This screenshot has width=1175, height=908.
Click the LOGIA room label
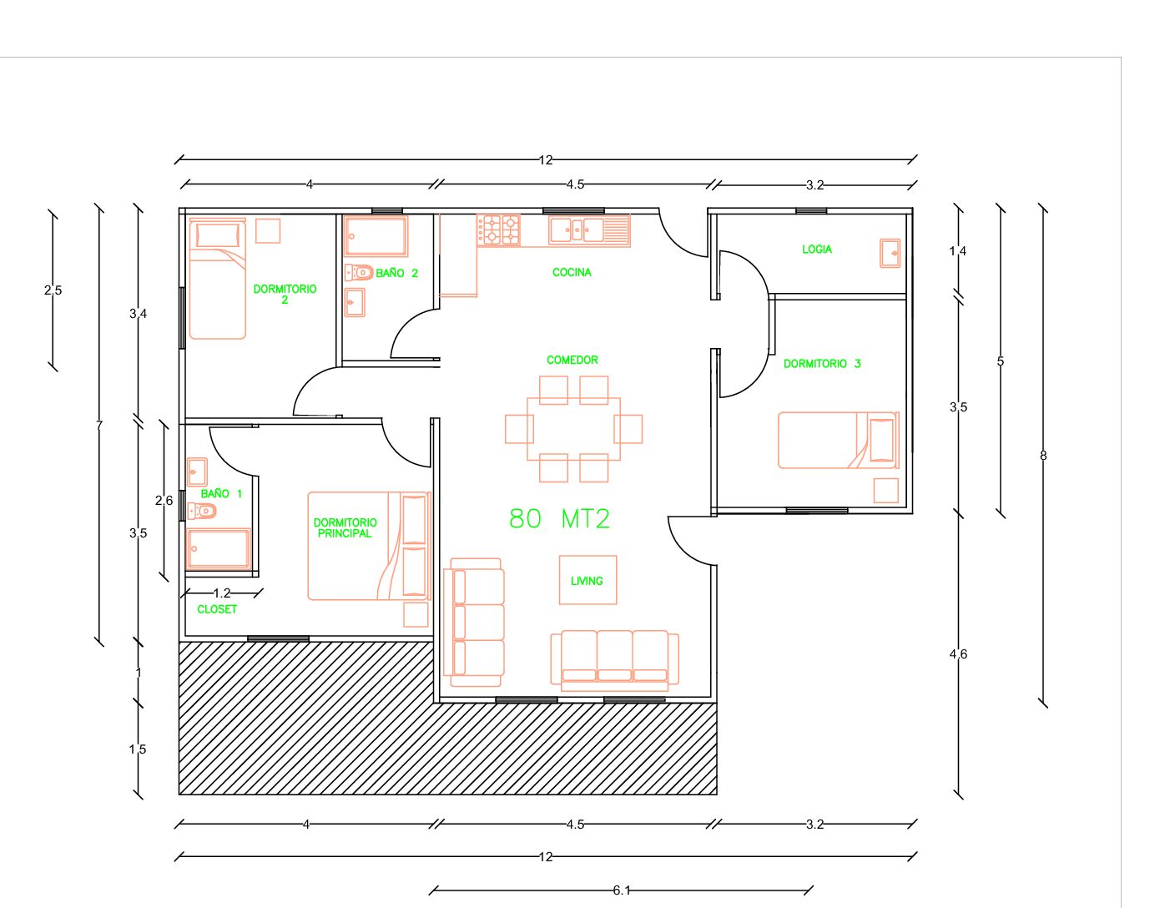pos(816,250)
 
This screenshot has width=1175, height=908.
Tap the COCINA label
pos(572,273)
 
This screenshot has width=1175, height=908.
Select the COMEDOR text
pos(572,361)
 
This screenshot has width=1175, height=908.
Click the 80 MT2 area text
pos(559,518)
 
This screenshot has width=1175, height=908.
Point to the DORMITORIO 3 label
pos(822,364)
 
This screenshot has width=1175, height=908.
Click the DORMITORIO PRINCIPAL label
pos(345,527)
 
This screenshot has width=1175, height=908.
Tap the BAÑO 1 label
pos(221,493)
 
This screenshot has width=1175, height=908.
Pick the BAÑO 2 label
pos(397,273)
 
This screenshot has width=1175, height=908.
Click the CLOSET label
pos(217,609)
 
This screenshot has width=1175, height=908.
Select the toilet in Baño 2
pos(359,273)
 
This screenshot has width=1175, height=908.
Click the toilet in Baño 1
pos(202,510)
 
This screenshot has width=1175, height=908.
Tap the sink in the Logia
pos(890,253)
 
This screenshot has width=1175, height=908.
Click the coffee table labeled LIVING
pos(587,580)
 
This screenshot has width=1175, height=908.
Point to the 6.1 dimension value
pos(622,890)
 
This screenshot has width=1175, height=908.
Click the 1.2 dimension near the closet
pos(222,593)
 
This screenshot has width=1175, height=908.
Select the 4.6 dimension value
pos(958,654)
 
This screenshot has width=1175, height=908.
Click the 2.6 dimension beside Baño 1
pos(164,501)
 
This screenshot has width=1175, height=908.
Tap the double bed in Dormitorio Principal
pos(370,546)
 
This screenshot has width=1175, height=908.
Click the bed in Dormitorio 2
pos(217,279)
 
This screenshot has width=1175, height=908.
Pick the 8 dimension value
pos(1043,456)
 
